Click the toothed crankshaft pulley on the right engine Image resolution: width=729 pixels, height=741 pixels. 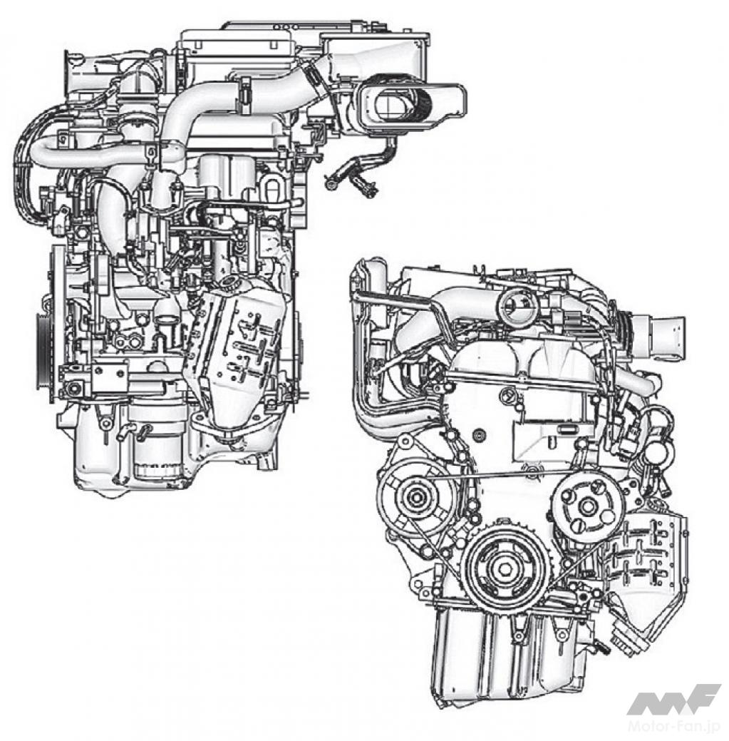point(505,566)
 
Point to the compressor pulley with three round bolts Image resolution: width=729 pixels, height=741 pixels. point(587,506)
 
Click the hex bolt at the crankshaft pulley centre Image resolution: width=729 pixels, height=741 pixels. point(505,566)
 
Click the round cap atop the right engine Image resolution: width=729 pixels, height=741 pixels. point(517,307)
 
